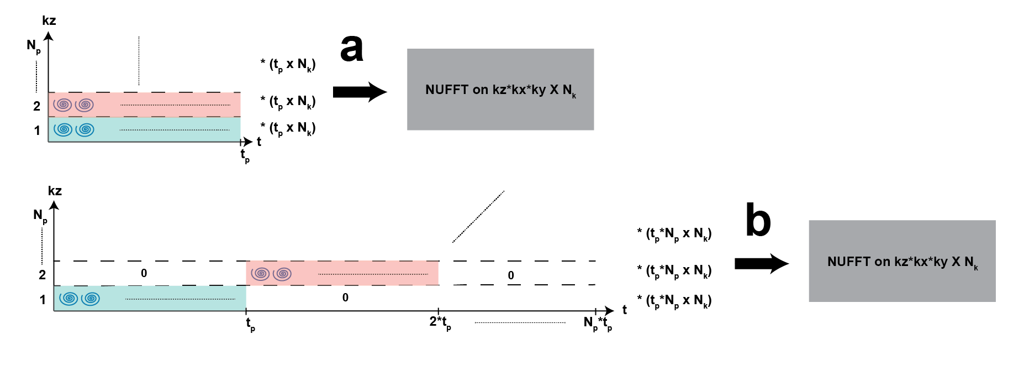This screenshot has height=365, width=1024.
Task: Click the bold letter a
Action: pos(352,48)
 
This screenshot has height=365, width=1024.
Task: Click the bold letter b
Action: pos(758,220)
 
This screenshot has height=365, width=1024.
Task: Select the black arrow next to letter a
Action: pos(360,92)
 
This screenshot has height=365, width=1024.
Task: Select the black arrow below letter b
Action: pos(761,264)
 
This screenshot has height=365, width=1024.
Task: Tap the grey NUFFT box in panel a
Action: pos(500,90)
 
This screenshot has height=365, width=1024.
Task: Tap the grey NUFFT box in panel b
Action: pos(902,261)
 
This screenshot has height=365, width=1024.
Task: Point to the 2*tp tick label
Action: pos(440,322)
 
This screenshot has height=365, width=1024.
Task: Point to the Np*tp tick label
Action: pos(598,323)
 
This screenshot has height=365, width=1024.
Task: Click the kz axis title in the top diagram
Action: pos(49,21)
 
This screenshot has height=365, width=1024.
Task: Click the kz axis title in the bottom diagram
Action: pos(55,191)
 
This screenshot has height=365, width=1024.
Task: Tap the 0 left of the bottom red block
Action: pos(144,273)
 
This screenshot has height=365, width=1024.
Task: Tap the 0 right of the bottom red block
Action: pos(511,275)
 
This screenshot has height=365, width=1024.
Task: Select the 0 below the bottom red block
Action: pos(345,298)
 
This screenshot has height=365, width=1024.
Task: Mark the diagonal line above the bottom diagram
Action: pos(478,217)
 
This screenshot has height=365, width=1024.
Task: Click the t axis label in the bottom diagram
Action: pos(625,310)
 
